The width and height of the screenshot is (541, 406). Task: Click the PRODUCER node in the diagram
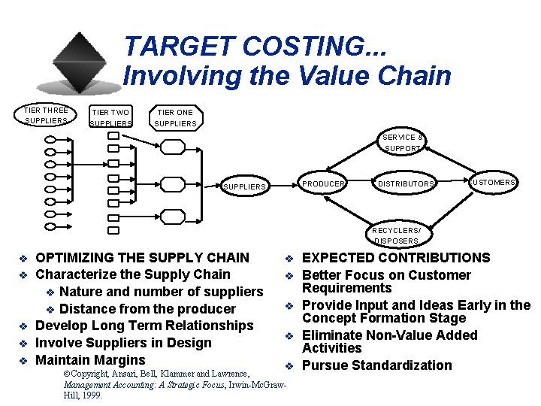click(323, 183)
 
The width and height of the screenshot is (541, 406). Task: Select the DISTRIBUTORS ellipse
click(405, 183)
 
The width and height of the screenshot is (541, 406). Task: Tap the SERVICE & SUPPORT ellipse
click(403, 143)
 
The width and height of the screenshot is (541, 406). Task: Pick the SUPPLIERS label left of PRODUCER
click(245, 186)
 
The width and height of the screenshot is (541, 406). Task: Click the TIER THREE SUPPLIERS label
click(46, 115)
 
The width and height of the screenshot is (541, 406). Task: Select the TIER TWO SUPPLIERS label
click(110, 118)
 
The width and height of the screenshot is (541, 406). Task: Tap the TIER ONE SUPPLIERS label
click(175, 118)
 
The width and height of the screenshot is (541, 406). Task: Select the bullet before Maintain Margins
click(23, 360)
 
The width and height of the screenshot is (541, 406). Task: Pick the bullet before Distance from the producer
click(51, 309)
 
